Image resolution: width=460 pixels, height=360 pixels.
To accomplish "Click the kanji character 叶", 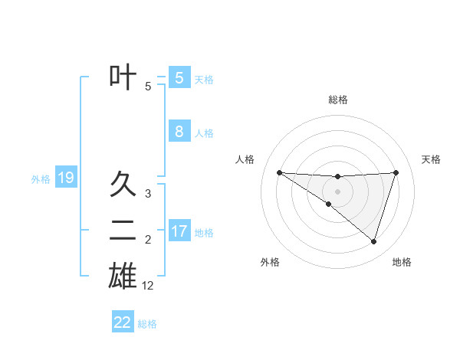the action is (123, 77).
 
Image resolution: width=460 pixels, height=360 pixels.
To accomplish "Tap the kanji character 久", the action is (123, 184).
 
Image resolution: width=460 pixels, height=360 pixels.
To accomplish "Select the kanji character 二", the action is (123, 230).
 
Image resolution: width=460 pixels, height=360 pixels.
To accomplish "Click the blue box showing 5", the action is (179, 77).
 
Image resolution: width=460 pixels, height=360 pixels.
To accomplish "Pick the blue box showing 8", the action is (179, 131).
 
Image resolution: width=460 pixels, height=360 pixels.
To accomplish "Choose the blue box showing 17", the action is (179, 231).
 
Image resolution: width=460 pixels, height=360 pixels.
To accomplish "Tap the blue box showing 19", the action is (65, 178).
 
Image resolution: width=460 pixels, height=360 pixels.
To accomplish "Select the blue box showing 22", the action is (123, 322).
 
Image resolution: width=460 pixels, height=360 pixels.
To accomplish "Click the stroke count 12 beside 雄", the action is (148, 286).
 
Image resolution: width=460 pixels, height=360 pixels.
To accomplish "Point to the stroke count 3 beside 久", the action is (148, 194).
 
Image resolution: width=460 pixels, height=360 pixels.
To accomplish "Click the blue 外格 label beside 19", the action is (40, 179).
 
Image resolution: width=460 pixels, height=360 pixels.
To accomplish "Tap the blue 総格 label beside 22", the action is (147, 324).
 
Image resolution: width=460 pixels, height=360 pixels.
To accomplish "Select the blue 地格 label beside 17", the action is (204, 232).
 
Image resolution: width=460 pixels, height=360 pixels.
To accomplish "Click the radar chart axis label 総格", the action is (337, 100).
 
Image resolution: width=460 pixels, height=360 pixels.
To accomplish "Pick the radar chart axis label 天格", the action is (432, 159).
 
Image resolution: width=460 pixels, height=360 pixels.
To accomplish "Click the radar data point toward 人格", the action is (279, 172).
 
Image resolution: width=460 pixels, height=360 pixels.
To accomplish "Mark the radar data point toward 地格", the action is (373, 241).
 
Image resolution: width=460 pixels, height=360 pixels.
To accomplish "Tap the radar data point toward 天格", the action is (396, 172).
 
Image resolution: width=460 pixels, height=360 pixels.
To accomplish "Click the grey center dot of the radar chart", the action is (337, 191).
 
